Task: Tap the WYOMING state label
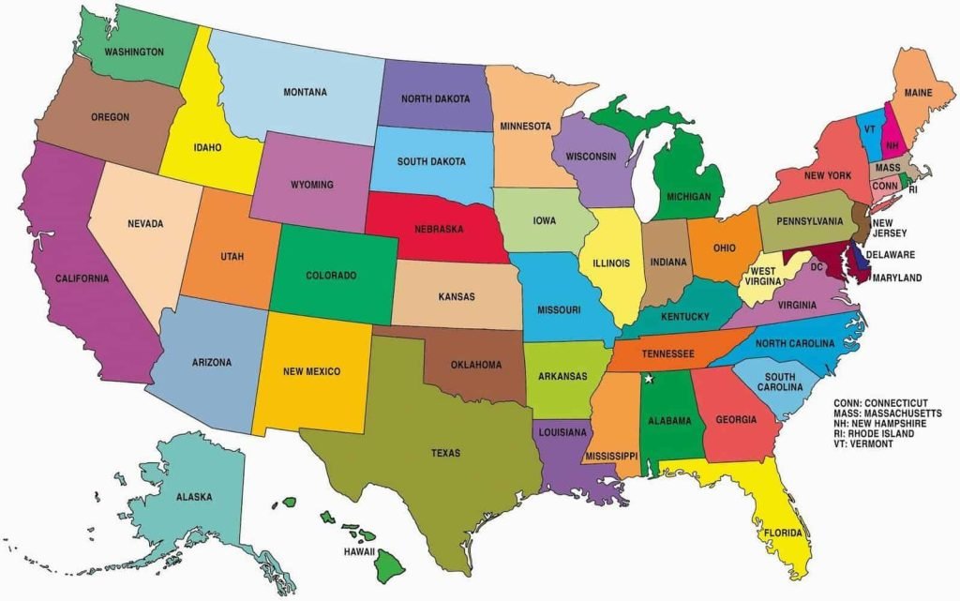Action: (x=311, y=185)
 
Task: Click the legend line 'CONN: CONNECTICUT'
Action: (x=887, y=402)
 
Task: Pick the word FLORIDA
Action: (x=783, y=533)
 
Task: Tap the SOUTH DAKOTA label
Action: (x=431, y=161)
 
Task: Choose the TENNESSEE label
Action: (x=667, y=353)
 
